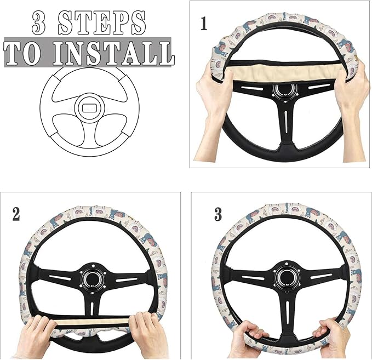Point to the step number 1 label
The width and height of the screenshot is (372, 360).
click(204, 24)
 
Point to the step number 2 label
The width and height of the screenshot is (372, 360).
click(16, 213)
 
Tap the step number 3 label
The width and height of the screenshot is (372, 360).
click(218, 213)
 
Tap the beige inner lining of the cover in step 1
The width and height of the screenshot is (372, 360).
click(279, 72)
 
